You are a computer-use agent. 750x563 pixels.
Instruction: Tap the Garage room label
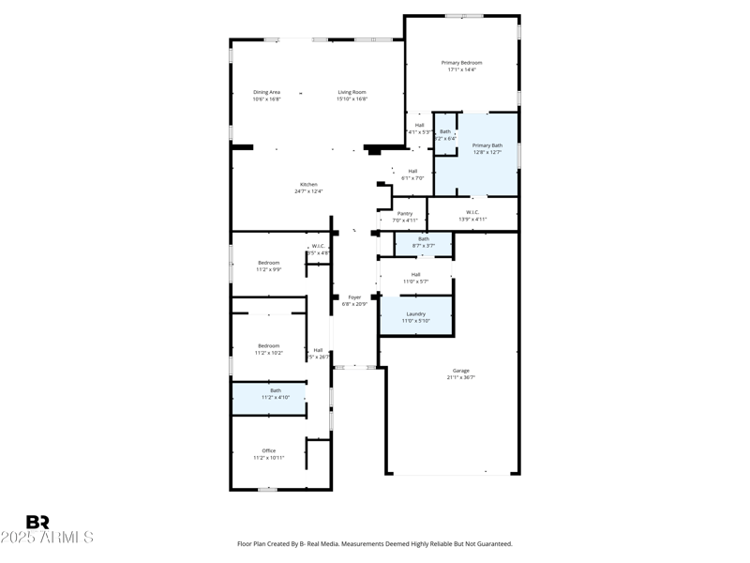(461, 371)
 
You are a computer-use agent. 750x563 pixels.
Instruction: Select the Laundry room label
(415, 313)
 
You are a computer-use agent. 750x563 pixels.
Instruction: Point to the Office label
(269, 450)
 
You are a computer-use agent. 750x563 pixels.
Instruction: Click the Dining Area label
(267, 92)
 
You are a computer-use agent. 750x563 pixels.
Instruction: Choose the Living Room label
(352, 92)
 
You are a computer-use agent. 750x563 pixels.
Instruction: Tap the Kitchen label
(308, 184)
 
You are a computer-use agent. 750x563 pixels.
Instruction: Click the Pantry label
(405, 213)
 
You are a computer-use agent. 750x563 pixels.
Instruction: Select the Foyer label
(354, 297)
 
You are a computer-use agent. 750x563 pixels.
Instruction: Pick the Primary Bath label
(487, 145)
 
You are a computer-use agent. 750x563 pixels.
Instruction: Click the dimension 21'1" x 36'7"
(461, 377)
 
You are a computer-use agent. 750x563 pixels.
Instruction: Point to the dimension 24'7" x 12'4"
(308, 191)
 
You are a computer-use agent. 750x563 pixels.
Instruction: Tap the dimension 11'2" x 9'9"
(268, 269)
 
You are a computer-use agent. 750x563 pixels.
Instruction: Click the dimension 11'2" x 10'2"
(269, 353)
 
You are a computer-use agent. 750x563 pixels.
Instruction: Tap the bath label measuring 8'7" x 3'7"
(424, 238)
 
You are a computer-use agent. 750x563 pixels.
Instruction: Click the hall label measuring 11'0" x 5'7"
(415, 274)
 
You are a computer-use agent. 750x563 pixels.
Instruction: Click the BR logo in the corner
(37, 523)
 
